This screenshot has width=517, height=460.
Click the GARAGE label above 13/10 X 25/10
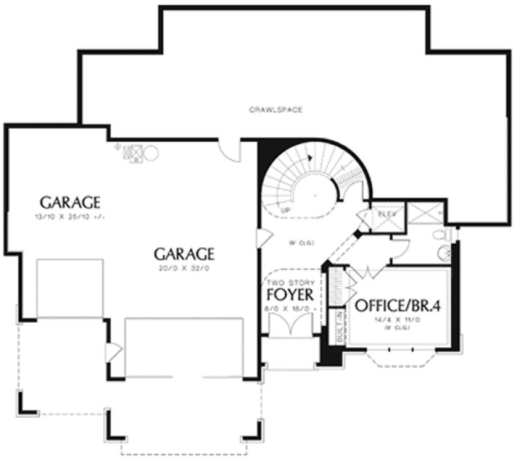tap(70, 203)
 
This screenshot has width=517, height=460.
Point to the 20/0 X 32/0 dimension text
tap(184, 267)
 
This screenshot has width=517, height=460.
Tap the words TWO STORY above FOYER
tap(291, 282)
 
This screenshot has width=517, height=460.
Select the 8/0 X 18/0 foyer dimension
tap(291, 307)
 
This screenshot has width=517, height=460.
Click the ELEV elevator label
tap(386, 214)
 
